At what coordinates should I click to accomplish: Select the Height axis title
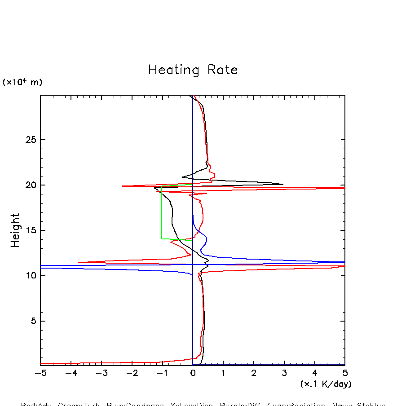point(16,230)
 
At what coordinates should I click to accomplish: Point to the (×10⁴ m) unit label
point(22,82)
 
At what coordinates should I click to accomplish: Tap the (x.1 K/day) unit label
point(326,384)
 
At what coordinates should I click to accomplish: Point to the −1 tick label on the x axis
point(162,373)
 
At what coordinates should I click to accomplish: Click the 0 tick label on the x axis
point(193,373)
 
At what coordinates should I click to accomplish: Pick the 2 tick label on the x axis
point(254,373)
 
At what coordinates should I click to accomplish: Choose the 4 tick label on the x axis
point(314,373)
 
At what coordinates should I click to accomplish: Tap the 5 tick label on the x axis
point(345,373)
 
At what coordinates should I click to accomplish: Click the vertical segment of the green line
point(162,211)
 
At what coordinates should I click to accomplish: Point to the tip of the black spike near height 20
point(283,184)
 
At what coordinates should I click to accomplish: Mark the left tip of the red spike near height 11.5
point(79,262)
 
